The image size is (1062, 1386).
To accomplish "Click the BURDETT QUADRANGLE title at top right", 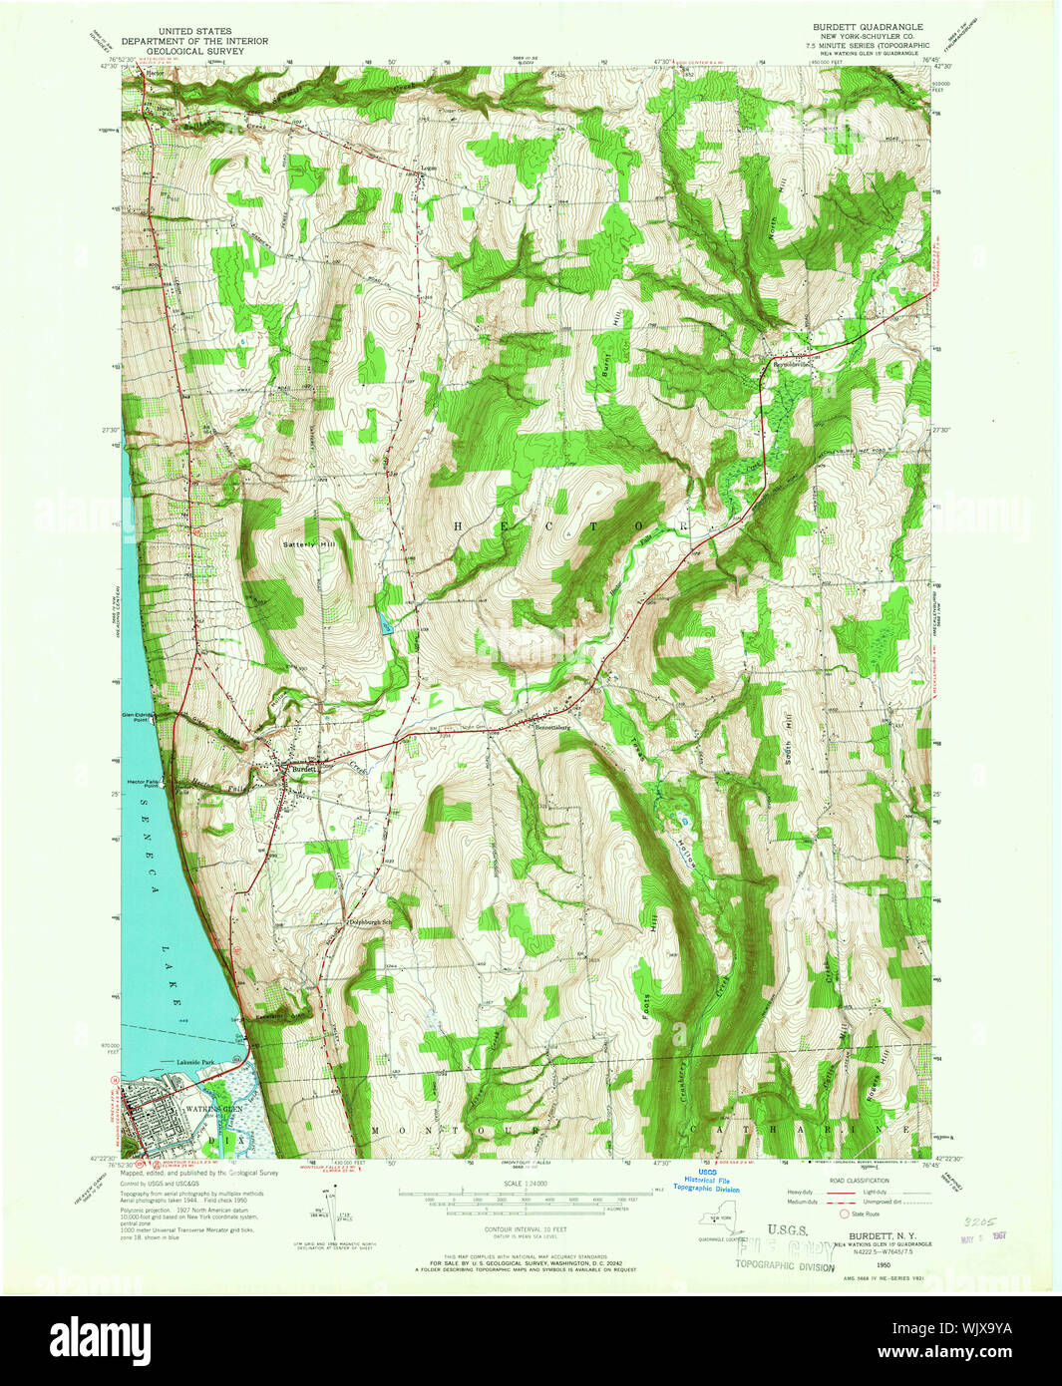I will tap(866, 27).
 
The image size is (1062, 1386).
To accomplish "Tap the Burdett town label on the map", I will tap(303, 770).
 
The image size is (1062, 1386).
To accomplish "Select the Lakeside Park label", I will tap(196, 1063).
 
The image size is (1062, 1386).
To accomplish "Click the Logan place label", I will tap(429, 168).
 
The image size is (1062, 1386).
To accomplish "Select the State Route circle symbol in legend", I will tap(845, 1214).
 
